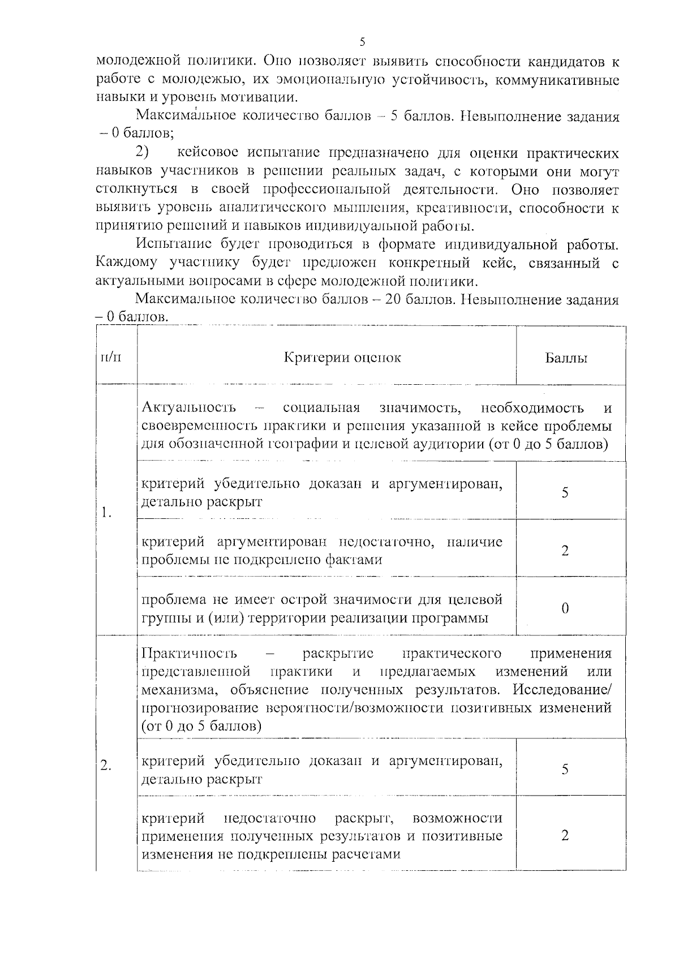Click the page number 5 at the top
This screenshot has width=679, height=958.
(363, 42)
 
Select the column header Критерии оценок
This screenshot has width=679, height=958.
(342, 358)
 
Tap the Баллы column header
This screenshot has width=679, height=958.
(566, 358)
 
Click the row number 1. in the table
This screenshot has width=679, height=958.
(106, 513)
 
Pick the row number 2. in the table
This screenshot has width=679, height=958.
(106, 766)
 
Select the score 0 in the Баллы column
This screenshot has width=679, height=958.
(565, 608)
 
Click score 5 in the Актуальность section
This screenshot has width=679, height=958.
(565, 492)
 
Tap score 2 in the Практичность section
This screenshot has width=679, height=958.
(565, 836)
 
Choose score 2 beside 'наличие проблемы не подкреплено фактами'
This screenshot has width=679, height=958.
(565, 551)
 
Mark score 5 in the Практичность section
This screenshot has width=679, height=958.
(565, 770)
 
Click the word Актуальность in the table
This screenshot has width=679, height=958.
(189, 408)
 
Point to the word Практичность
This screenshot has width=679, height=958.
(189, 654)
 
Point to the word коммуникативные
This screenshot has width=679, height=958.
(557, 80)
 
